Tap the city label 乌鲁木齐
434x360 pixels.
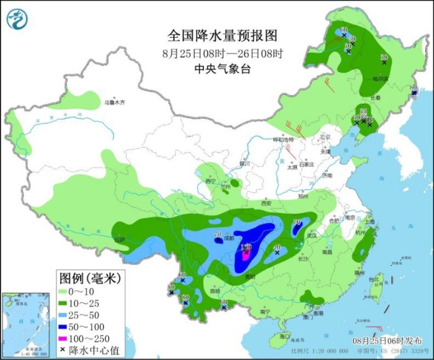114,102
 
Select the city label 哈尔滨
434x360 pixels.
380,79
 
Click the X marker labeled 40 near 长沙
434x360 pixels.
277,252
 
